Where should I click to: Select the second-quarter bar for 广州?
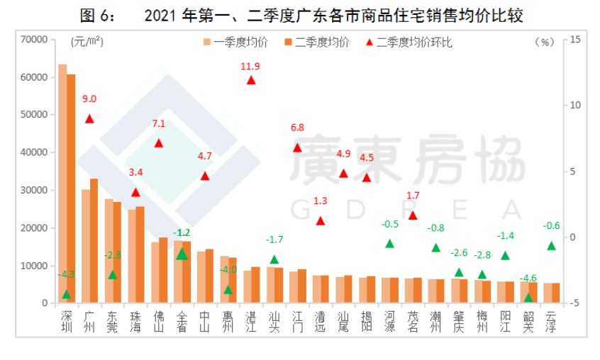pyautogui.click(x=94, y=241)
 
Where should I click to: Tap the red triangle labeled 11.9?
pyautogui.click(x=251, y=80)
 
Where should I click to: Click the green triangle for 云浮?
pyautogui.click(x=551, y=245)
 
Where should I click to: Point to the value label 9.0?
pyautogui.click(x=89, y=99)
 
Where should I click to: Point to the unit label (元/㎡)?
pyautogui.click(x=87, y=42)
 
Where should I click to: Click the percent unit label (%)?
pyautogui.click(x=544, y=42)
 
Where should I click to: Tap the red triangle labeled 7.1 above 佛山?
pyautogui.click(x=159, y=143)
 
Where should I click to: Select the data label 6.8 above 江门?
pyautogui.click(x=297, y=128)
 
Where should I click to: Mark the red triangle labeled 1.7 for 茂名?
pyautogui.click(x=413, y=215)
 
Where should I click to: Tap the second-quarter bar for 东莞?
pyautogui.click(x=117, y=253)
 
